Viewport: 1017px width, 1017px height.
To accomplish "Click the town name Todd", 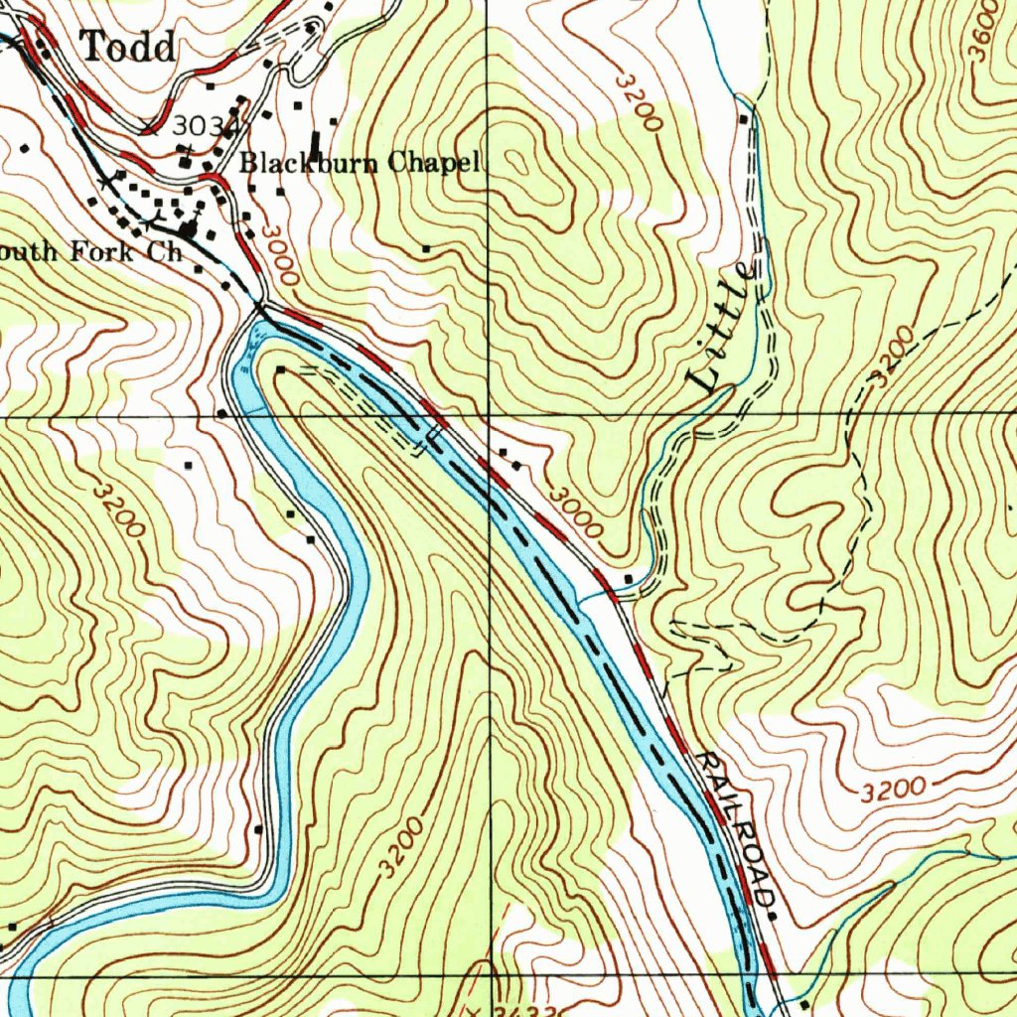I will (129, 47).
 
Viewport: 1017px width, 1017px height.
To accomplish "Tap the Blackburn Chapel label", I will (360, 162).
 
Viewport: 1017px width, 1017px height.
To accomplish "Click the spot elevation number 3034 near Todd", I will (203, 126).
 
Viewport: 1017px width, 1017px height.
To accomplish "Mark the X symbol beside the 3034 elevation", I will (150, 125).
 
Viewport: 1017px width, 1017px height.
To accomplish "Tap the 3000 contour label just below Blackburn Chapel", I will (279, 257).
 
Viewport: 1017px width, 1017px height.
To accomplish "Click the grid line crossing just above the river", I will (490, 414).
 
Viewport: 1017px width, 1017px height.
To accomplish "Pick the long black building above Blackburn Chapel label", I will (316, 145).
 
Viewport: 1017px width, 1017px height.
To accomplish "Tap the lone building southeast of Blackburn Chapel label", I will (426, 249).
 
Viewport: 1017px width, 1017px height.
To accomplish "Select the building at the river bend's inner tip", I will (281, 369).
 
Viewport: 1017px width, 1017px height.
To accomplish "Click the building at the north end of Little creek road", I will (743, 119).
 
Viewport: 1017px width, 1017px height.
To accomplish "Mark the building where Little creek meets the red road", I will (630, 578).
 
